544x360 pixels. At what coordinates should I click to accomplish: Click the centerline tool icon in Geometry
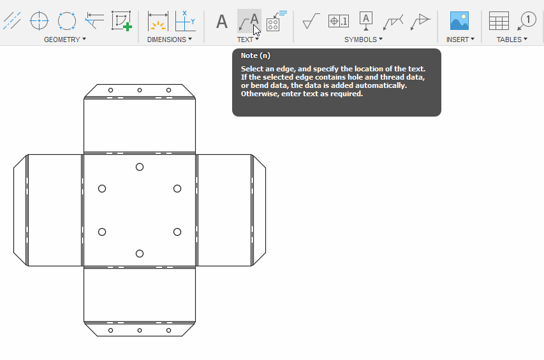click(11, 21)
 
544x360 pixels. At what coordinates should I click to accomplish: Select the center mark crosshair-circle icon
click(40, 21)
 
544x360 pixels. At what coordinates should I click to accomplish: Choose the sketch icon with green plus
click(121, 21)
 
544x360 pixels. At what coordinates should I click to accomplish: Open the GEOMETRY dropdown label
click(64, 40)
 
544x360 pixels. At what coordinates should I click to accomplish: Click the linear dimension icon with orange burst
click(158, 21)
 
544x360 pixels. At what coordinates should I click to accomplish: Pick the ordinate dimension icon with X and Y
click(185, 21)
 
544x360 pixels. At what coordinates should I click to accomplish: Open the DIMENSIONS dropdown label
click(170, 40)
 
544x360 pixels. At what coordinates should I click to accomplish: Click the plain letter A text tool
click(221, 22)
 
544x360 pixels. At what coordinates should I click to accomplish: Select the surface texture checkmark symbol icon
click(311, 21)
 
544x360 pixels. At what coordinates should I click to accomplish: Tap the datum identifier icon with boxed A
click(366, 21)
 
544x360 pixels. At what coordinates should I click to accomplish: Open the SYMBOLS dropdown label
click(364, 40)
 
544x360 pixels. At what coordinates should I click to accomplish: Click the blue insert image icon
click(459, 21)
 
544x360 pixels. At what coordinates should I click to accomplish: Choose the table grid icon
click(499, 21)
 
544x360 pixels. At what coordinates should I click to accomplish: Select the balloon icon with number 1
click(527, 21)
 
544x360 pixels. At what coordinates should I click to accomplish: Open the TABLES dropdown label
click(512, 40)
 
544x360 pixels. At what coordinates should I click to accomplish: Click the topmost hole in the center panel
click(140, 167)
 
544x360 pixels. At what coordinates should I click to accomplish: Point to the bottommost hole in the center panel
click(140, 254)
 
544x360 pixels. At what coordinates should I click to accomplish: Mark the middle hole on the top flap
click(140, 90)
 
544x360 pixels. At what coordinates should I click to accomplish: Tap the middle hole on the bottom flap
click(140, 330)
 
